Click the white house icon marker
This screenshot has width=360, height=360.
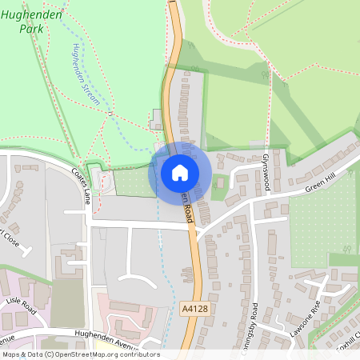coord(180,172)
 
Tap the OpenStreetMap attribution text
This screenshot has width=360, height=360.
coord(80,354)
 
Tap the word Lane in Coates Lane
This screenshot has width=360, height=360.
coord(86,194)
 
